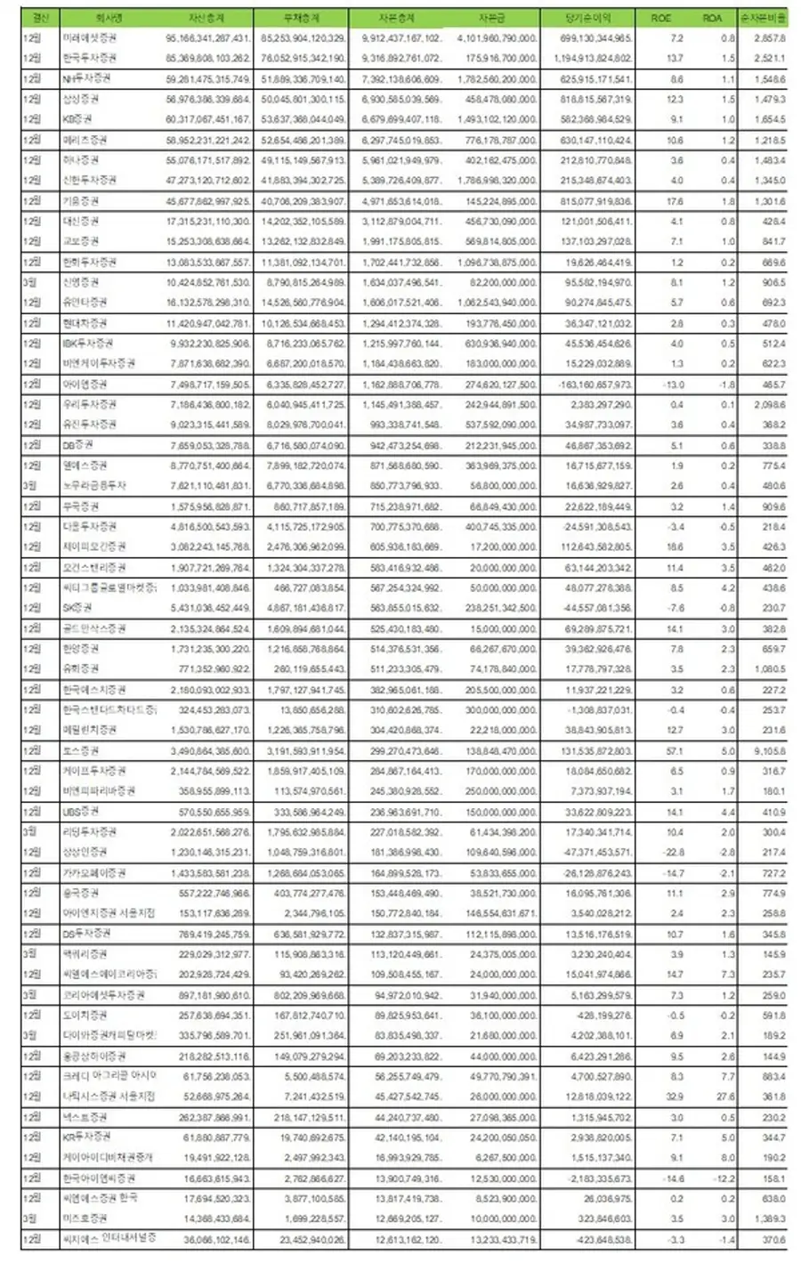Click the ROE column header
point(661,18)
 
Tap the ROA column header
point(712,18)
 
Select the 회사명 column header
point(111,18)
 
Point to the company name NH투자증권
point(86,79)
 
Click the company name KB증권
point(78,119)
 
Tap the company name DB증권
point(78,445)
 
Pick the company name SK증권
point(77,608)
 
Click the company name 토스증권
point(80,750)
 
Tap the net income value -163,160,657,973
point(591,385)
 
